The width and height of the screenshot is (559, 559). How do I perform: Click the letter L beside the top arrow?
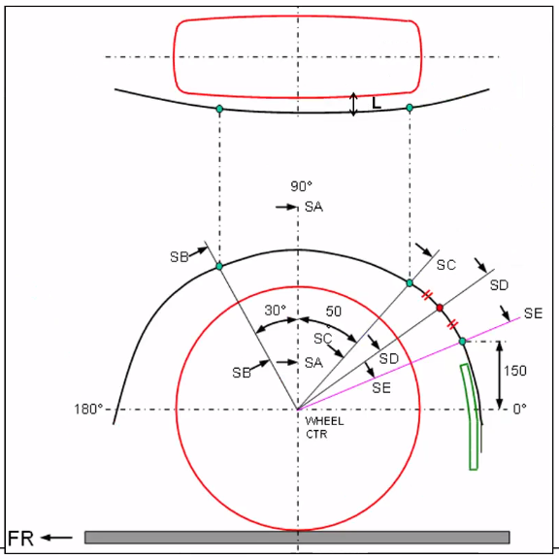click(x=377, y=100)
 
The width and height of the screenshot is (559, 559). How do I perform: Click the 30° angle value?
click(x=276, y=311)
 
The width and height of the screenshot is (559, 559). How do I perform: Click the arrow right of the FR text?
click(x=57, y=538)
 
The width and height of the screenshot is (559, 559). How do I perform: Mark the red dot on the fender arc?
click(x=440, y=308)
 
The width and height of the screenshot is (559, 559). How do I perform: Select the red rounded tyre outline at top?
click(x=297, y=56)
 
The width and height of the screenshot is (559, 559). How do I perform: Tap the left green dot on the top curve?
click(x=219, y=109)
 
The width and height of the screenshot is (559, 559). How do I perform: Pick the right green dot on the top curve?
click(x=410, y=108)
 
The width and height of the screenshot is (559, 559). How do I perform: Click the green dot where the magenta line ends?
click(x=462, y=341)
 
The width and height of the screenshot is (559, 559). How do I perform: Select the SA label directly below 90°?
click(x=312, y=207)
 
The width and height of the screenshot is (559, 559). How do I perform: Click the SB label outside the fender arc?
click(x=180, y=256)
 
